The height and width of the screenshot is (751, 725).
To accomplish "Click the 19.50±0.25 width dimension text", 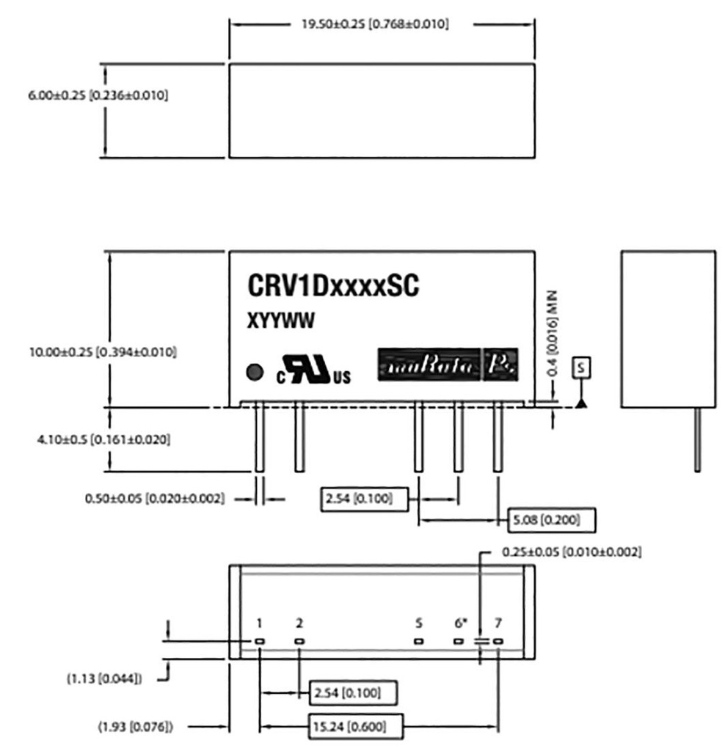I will click(x=375, y=24).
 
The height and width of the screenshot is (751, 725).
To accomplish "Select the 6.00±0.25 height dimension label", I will click(x=97, y=96).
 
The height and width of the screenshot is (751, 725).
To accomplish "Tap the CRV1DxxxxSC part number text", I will click(x=333, y=287).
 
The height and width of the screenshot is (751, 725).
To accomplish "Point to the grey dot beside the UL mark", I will click(x=255, y=373).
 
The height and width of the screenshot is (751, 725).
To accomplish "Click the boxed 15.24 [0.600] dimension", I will click(x=355, y=728).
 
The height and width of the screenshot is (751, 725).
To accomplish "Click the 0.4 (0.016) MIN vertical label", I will click(x=555, y=334).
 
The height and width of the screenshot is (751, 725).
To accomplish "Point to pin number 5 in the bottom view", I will click(x=418, y=623).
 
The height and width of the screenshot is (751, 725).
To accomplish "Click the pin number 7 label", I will click(x=498, y=623).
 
